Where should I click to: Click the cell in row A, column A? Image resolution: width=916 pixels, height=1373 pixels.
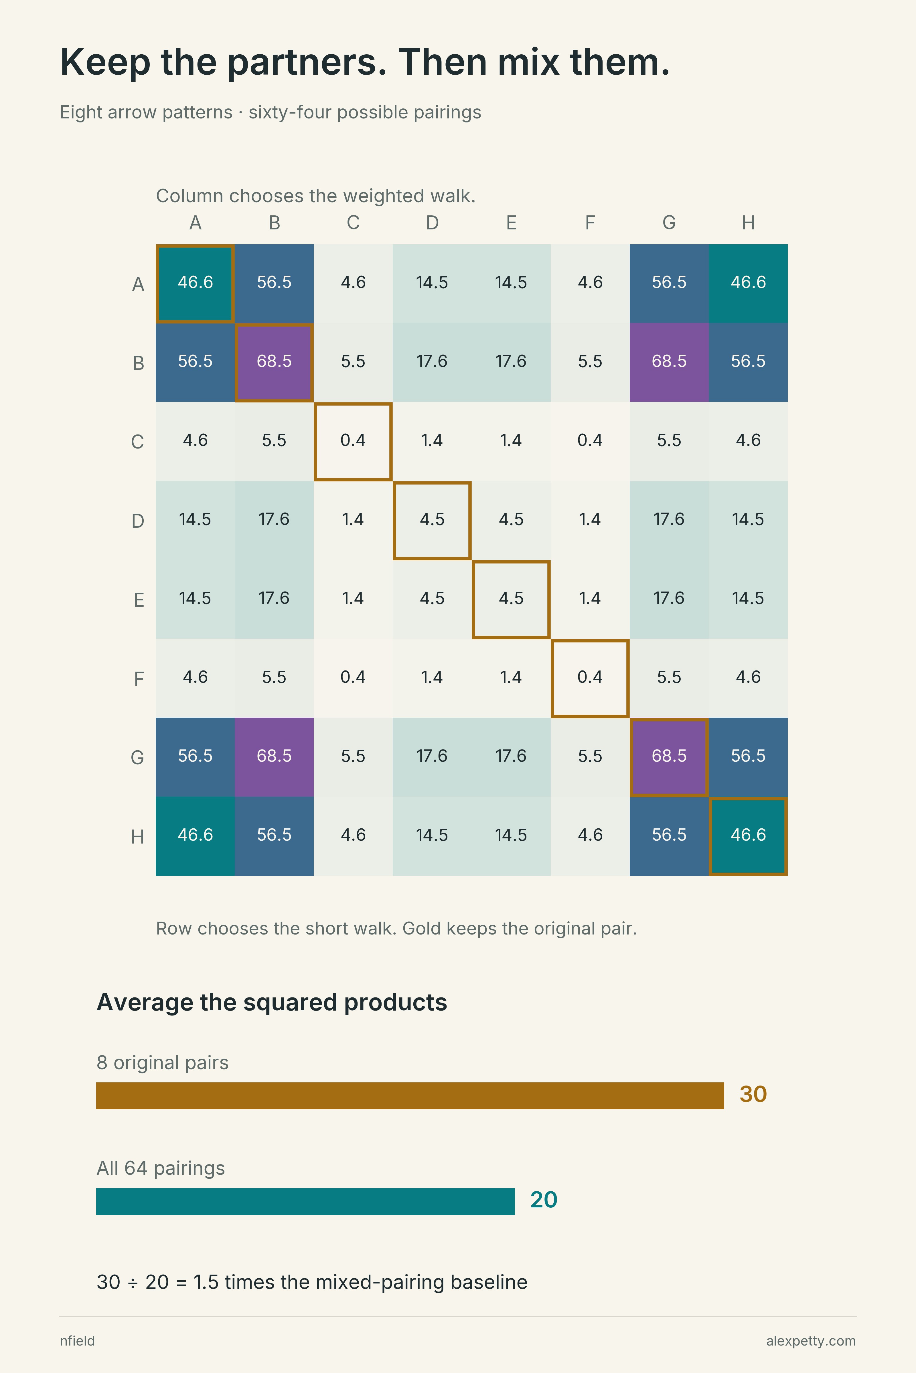195,284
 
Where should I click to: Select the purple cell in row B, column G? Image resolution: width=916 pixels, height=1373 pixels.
669,362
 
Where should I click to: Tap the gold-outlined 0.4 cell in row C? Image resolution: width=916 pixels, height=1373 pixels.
353,441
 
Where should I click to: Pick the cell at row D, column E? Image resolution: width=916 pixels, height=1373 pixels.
511,520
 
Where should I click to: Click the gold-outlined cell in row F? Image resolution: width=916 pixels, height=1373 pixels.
590,678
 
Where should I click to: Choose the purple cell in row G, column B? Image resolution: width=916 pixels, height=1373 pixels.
274,757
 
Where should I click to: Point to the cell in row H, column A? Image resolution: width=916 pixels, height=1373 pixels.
195,836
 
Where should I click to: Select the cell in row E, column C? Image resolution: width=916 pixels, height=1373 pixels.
353,600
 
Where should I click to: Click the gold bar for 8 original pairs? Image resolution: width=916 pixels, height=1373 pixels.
410,1096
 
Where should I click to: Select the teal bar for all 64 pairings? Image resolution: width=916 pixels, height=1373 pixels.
305,1201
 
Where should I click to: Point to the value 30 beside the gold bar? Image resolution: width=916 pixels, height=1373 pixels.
753,1095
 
